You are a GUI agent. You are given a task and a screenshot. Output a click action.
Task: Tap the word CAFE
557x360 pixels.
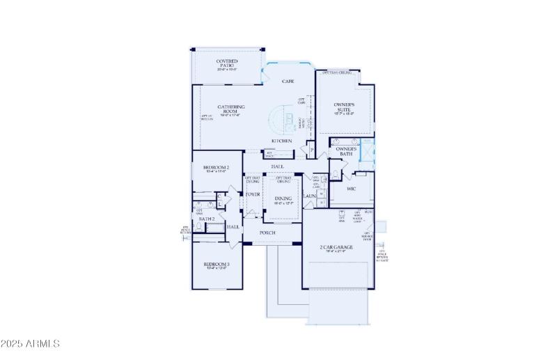point(288,81)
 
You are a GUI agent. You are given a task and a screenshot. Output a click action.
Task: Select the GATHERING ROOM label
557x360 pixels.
point(230,109)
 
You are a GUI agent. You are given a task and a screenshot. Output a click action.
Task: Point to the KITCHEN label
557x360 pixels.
point(281,141)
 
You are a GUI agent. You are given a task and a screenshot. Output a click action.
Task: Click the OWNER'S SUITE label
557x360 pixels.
point(345,106)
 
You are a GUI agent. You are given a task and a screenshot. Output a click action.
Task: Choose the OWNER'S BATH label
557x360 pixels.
point(346,151)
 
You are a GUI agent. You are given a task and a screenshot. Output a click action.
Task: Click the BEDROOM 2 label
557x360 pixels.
point(216,167)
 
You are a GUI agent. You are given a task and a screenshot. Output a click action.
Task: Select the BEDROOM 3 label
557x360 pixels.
point(217,264)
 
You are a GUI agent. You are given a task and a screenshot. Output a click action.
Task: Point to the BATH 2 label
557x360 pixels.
point(206,219)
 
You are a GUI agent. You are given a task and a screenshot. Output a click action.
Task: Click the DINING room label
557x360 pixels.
point(283,198)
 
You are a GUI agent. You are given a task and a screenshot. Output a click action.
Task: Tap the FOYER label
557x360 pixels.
point(252,194)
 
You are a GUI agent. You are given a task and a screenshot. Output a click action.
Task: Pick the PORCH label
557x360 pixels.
point(267,232)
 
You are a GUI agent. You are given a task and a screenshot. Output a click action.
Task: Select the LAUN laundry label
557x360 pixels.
point(310,197)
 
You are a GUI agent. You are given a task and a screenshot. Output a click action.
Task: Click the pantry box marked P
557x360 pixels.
point(311,149)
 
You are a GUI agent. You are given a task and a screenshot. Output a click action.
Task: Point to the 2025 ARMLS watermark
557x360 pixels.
point(31,344)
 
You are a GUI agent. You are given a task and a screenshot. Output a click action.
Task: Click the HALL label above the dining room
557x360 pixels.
point(277,167)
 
